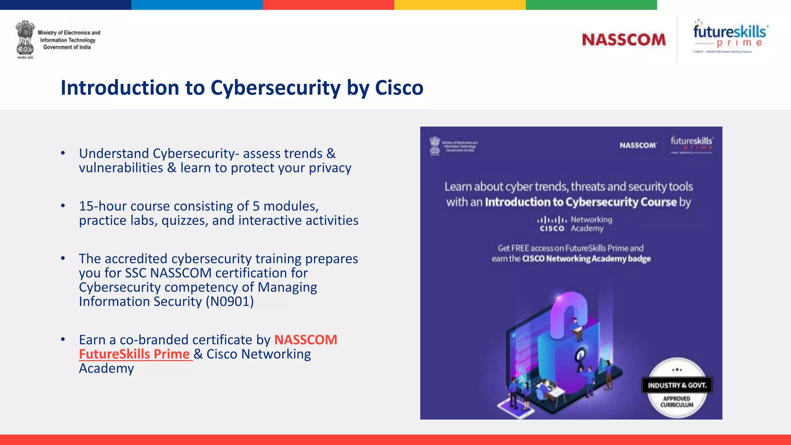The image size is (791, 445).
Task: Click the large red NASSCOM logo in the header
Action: point(624,40)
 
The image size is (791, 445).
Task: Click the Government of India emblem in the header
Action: point(25,39)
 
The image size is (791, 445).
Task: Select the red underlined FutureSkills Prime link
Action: point(134,354)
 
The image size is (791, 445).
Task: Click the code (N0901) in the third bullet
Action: point(230,302)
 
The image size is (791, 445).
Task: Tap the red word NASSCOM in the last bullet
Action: point(306,340)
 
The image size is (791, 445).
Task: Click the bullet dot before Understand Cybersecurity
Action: point(63,153)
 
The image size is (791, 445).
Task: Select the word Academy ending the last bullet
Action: point(106,369)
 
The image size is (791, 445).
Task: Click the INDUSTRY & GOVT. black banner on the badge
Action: point(677,386)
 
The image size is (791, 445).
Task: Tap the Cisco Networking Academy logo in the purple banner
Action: point(574,224)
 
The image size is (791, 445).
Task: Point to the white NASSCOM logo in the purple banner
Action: point(638,145)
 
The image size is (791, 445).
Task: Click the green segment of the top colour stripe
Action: point(591,5)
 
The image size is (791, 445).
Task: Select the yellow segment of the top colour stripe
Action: point(460,5)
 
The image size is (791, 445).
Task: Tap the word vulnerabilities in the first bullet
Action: point(121,168)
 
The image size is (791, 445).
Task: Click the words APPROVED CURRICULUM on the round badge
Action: point(677,402)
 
